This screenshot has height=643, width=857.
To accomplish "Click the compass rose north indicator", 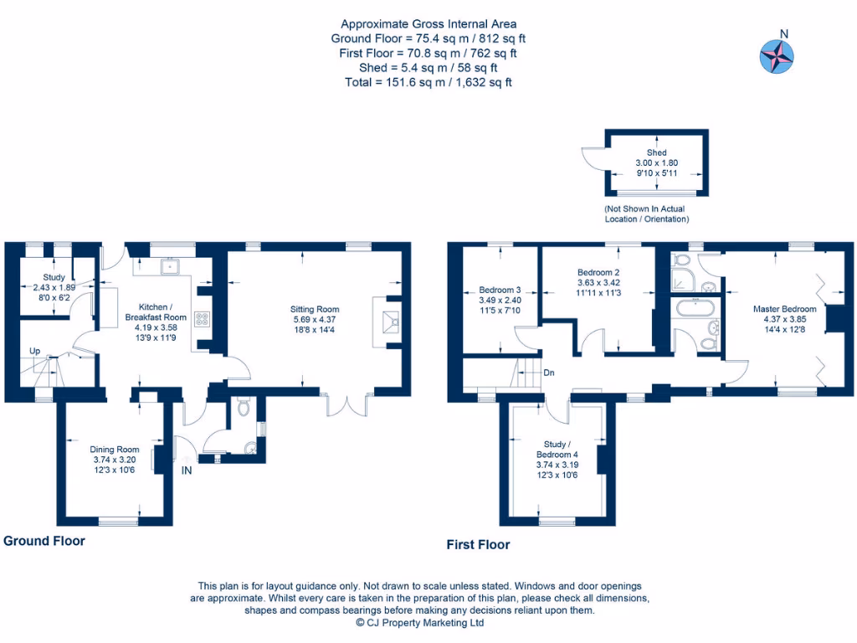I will click(x=776, y=54).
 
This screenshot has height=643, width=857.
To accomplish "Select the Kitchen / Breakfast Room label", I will click(x=156, y=311).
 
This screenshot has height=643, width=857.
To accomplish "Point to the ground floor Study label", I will click(x=54, y=277).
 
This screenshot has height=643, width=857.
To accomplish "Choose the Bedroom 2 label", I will click(x=598, y=273).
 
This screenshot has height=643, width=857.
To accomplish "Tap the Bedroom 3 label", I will click(x=500, y=291).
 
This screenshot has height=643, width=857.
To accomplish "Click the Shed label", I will click(x=657, y=153).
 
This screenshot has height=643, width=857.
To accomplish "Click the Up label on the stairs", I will click(x=34, y=351).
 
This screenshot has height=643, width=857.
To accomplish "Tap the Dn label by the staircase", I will click(x=549, y=373).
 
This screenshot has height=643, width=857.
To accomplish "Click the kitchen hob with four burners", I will click(x=202, y=318).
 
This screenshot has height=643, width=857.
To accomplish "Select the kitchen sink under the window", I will click(x=170, y=267).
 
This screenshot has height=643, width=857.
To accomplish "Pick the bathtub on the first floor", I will click(x=694, y=307).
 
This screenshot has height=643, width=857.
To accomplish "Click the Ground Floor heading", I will click(x=44, y=541).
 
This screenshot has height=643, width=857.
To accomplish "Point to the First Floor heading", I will click(x=478, y=545).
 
